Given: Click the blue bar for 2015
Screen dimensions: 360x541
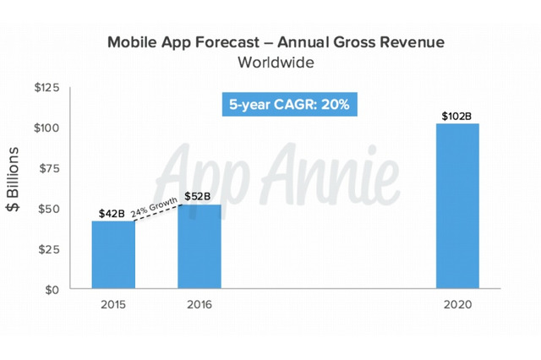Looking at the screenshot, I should point(113,255).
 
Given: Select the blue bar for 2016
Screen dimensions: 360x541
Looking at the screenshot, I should point(199,247).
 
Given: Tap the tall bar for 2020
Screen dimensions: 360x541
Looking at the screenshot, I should point(457,207).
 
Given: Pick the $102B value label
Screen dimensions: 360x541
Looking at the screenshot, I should point(457,115).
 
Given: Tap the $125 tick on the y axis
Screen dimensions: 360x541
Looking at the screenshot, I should point(46,88).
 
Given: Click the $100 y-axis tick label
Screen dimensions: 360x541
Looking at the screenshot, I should point(46,128).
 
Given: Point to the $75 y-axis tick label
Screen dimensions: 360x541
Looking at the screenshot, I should point(49,168).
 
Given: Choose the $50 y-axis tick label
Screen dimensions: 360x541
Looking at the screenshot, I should point(49,209).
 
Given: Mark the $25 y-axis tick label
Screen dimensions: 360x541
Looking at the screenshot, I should point(49,249).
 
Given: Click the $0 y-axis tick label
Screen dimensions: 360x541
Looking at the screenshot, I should point(53,290).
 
